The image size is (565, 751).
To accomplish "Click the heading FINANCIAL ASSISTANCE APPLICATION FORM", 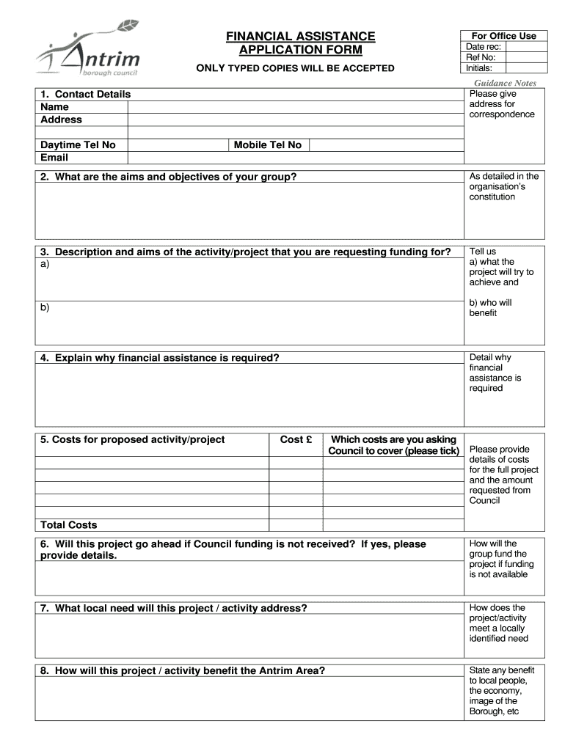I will (300, 43).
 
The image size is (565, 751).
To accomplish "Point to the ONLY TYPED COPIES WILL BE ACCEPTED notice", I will (295, 69).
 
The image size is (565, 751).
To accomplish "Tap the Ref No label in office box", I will (481, 57).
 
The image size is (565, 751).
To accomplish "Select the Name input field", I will (296, 107).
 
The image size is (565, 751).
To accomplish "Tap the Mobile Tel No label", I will (267, 145).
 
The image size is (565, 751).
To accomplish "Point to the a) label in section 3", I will (45, 264).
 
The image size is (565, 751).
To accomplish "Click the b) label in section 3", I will (45, 307).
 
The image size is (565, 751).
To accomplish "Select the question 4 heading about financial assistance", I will (160, 358).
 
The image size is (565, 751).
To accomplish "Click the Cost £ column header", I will (296, 439).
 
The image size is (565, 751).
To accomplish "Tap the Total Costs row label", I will (68, 525).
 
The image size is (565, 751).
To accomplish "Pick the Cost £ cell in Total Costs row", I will (296, 525).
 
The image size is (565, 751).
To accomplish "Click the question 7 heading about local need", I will (174, 608).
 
